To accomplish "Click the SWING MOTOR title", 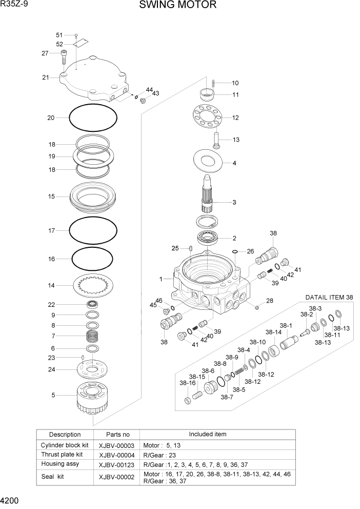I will coord(177,6).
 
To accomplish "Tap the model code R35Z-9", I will coord(14,5).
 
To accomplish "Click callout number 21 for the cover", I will coord(46,77).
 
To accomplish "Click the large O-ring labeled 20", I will coord(92,119).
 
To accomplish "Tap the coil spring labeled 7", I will coord(93,337).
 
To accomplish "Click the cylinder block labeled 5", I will coord(93,397).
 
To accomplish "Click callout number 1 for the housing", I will coord(161,279).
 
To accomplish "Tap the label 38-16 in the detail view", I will coord(187,383).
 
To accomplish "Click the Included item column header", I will coord(208,434).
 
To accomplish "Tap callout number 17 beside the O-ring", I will coord(51,231).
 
